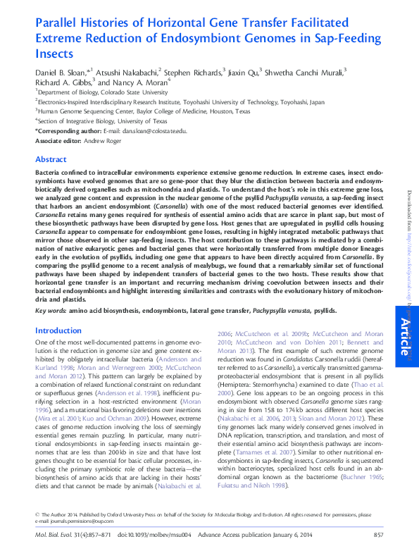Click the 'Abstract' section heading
point(51,160)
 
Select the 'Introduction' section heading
point(58,330)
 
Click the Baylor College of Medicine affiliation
point(143,111)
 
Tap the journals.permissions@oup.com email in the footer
point(70,521)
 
